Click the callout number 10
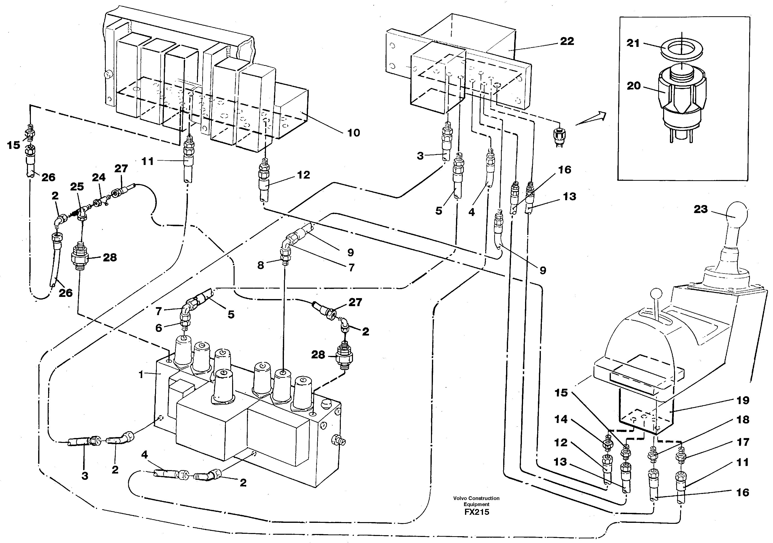353,133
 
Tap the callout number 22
567,41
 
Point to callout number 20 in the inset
633,86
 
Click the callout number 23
701,209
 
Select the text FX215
476,512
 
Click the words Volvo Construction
476,498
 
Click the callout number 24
99,177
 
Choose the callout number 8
261,265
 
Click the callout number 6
158,328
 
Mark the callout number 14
561,419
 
